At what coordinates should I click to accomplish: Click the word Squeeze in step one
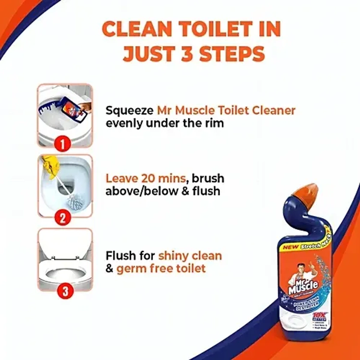pyautogui.click(x=129, y=111)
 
